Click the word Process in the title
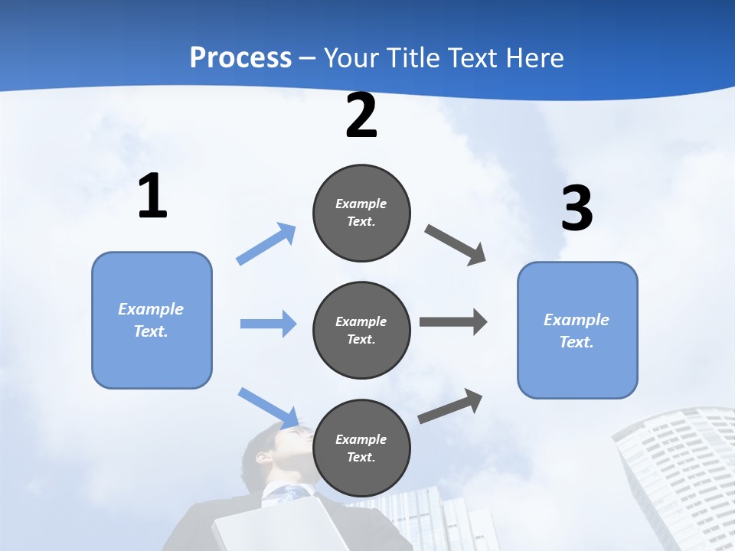[240, 58]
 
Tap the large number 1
[152, 197]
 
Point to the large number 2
[361, 116]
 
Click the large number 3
[577, 209]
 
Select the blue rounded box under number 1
[152, 320]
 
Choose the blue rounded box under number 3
[577, 330]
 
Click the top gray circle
[361, 213]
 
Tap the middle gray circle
[361, 330]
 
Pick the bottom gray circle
[361, 448]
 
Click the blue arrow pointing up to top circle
[266, 244]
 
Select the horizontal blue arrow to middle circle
[268, 324]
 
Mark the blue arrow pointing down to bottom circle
[269, 406]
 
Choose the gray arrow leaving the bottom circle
[450, 406]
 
